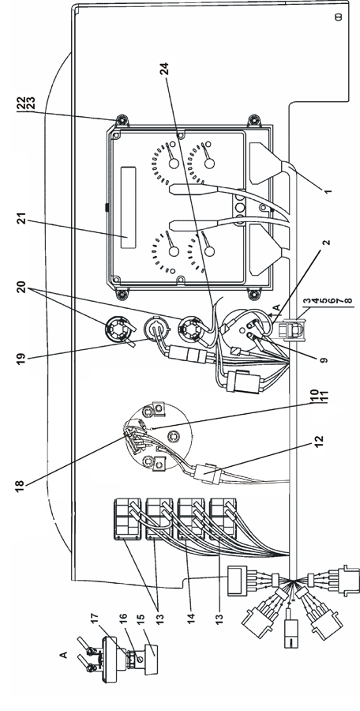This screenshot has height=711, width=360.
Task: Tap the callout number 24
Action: click(166, 69)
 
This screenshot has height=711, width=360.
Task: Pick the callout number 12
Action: click(319, 442)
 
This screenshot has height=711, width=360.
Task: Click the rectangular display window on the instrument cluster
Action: click(128, 208)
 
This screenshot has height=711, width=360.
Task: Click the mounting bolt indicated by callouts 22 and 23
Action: click(121, 120)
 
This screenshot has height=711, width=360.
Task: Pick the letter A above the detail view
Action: click(64, 654)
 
